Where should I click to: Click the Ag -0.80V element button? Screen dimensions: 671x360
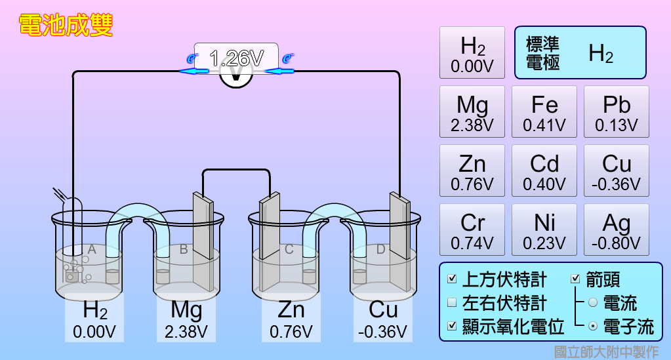tap(616, 230)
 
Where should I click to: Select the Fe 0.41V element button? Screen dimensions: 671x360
tap(544, 111)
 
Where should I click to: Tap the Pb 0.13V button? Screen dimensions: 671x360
tap(616, 111)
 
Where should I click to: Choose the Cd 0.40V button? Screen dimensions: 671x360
tap(544, 170)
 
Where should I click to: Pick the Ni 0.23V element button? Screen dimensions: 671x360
tap(544, 230)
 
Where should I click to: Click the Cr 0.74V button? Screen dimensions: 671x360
tap(472, 230)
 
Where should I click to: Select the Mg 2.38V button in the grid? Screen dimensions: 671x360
tap(472, 111)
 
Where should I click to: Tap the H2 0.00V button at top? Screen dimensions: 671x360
tap(472, 52)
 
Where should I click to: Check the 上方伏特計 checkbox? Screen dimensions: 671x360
tap(452, 279)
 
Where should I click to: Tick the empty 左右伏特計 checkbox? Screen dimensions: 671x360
tap(452, 303)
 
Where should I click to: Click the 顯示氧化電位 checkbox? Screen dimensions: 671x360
tap(452, 326)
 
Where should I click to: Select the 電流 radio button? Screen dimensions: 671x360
tap(593, 303)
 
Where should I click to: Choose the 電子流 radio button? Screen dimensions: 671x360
tap(593, 326)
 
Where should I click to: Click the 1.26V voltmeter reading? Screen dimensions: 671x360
tap(236, 58)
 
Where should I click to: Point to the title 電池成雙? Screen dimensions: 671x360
tap(66, 26)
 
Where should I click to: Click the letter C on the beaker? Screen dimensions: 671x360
tap(289, 249)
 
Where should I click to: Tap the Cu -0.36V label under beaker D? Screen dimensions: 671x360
tap(383, 319)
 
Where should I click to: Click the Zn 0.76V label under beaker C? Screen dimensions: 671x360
tap(291, 319)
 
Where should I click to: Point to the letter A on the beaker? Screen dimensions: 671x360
tap(92, 249)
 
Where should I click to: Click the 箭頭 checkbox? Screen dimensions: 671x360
tap(576, 279)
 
